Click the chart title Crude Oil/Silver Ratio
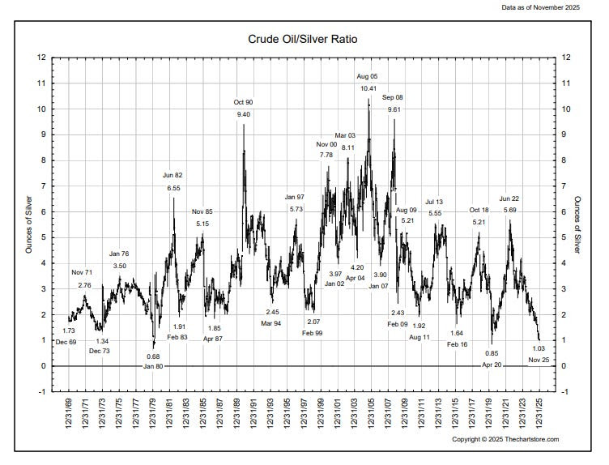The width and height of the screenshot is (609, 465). tap(304, 38)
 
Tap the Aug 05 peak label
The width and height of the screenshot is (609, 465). tap(368, 76)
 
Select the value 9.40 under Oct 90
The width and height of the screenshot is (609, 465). tap(244, 115)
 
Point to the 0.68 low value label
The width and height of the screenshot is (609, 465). tap(153, 356)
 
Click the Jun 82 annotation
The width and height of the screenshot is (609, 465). tap(173, 175)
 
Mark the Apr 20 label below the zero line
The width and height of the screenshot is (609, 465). tap(492, 365)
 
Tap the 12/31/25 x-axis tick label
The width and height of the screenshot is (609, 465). tap(541, 417)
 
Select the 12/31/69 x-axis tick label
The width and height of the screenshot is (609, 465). tap(70, 417)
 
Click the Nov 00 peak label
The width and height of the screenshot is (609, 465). tap(326, 144)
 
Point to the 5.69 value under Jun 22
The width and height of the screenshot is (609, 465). tap(509, 211)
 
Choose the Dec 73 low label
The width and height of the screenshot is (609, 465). tap(100, 351)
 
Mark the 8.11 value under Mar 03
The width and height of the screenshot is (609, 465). tap(347, 147)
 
